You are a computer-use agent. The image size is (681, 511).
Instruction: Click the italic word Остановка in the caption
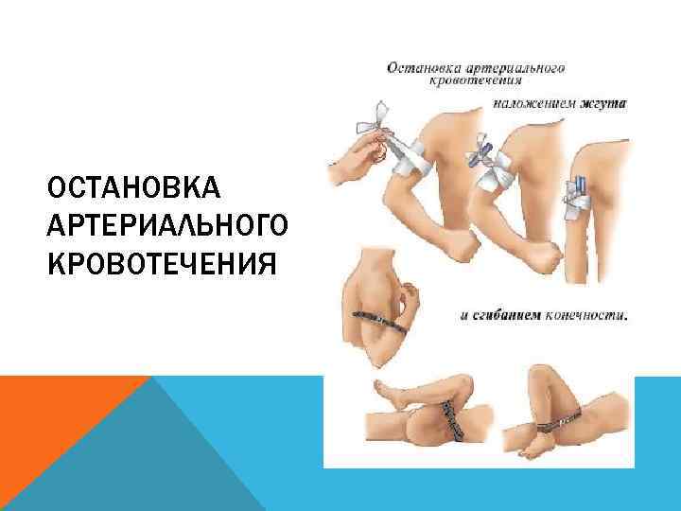pos(421,68)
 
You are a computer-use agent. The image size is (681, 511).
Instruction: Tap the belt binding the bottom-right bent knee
pos(558,421)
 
